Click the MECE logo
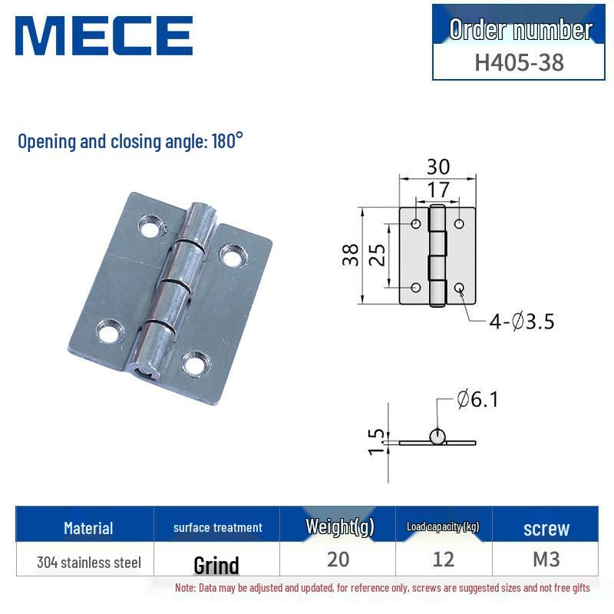103,36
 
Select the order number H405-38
519,61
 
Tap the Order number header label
520,29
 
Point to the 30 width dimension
438,167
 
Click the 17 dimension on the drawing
437,189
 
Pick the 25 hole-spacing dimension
377,256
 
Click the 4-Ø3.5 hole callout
522,322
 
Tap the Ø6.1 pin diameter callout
477,400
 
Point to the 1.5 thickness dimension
376,441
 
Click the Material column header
88,528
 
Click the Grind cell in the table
216,566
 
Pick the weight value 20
338,560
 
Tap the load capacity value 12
444,560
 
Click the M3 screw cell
546,560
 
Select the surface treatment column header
218,527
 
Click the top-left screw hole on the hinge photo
150,226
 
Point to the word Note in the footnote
185,588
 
